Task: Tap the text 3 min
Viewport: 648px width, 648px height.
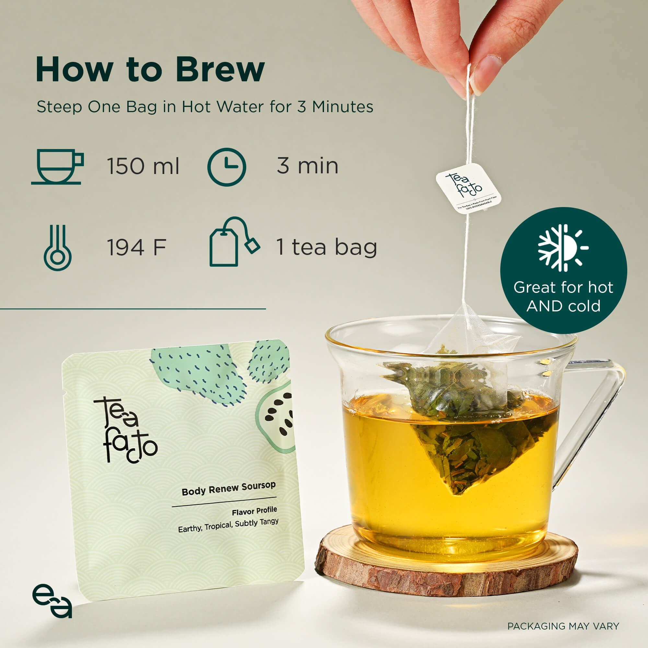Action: [x=307, y=166]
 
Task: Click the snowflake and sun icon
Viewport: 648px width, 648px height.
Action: [x=563, y=248]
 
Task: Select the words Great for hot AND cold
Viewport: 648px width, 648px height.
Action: [x=563, y=296]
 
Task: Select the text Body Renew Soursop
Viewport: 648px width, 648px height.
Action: [x=228, y=488]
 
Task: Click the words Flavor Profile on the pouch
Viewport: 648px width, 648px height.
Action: [x=254, y=511]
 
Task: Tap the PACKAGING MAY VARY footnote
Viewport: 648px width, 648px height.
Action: [x=563, y=626]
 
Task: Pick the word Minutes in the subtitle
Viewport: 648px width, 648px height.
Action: [x=342, y=107]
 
